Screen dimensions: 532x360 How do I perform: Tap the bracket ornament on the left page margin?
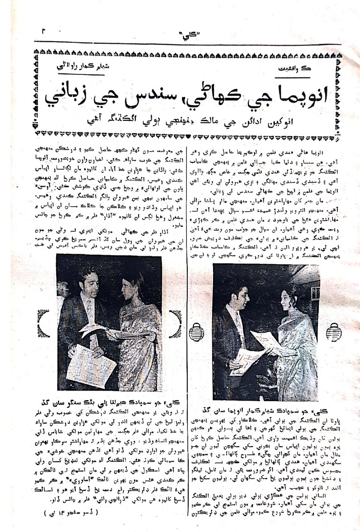44,322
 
